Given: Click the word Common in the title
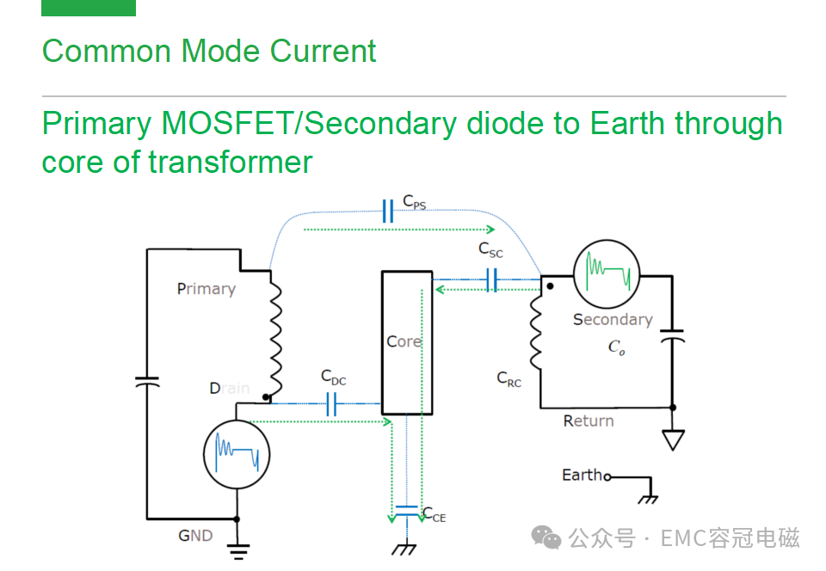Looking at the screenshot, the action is coord(107,51).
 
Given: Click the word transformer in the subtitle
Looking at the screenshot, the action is coord(231,162).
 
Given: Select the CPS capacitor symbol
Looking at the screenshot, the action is coord(388,211).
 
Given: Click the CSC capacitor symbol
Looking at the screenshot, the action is coord(491,279).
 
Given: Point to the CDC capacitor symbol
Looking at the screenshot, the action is coord(331,404).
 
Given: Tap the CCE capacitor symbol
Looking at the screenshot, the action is coord(407,511).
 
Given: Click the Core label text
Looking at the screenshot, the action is coord(404,341).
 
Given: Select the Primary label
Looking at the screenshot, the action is coord(206,289).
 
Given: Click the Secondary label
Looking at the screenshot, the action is coord(613,319).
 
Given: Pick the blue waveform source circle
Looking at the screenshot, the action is coord(237,454).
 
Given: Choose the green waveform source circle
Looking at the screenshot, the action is coord(607,274).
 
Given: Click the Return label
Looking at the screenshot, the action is coord(589,421).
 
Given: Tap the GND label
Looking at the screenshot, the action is coord(195,536).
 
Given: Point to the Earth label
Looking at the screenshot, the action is coord(582,475).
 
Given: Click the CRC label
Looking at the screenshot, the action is coord(509,379).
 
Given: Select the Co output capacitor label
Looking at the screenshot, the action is coord(616,347).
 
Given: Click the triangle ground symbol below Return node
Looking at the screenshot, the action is coord(673,439).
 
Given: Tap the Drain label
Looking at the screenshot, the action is coord(230,389).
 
